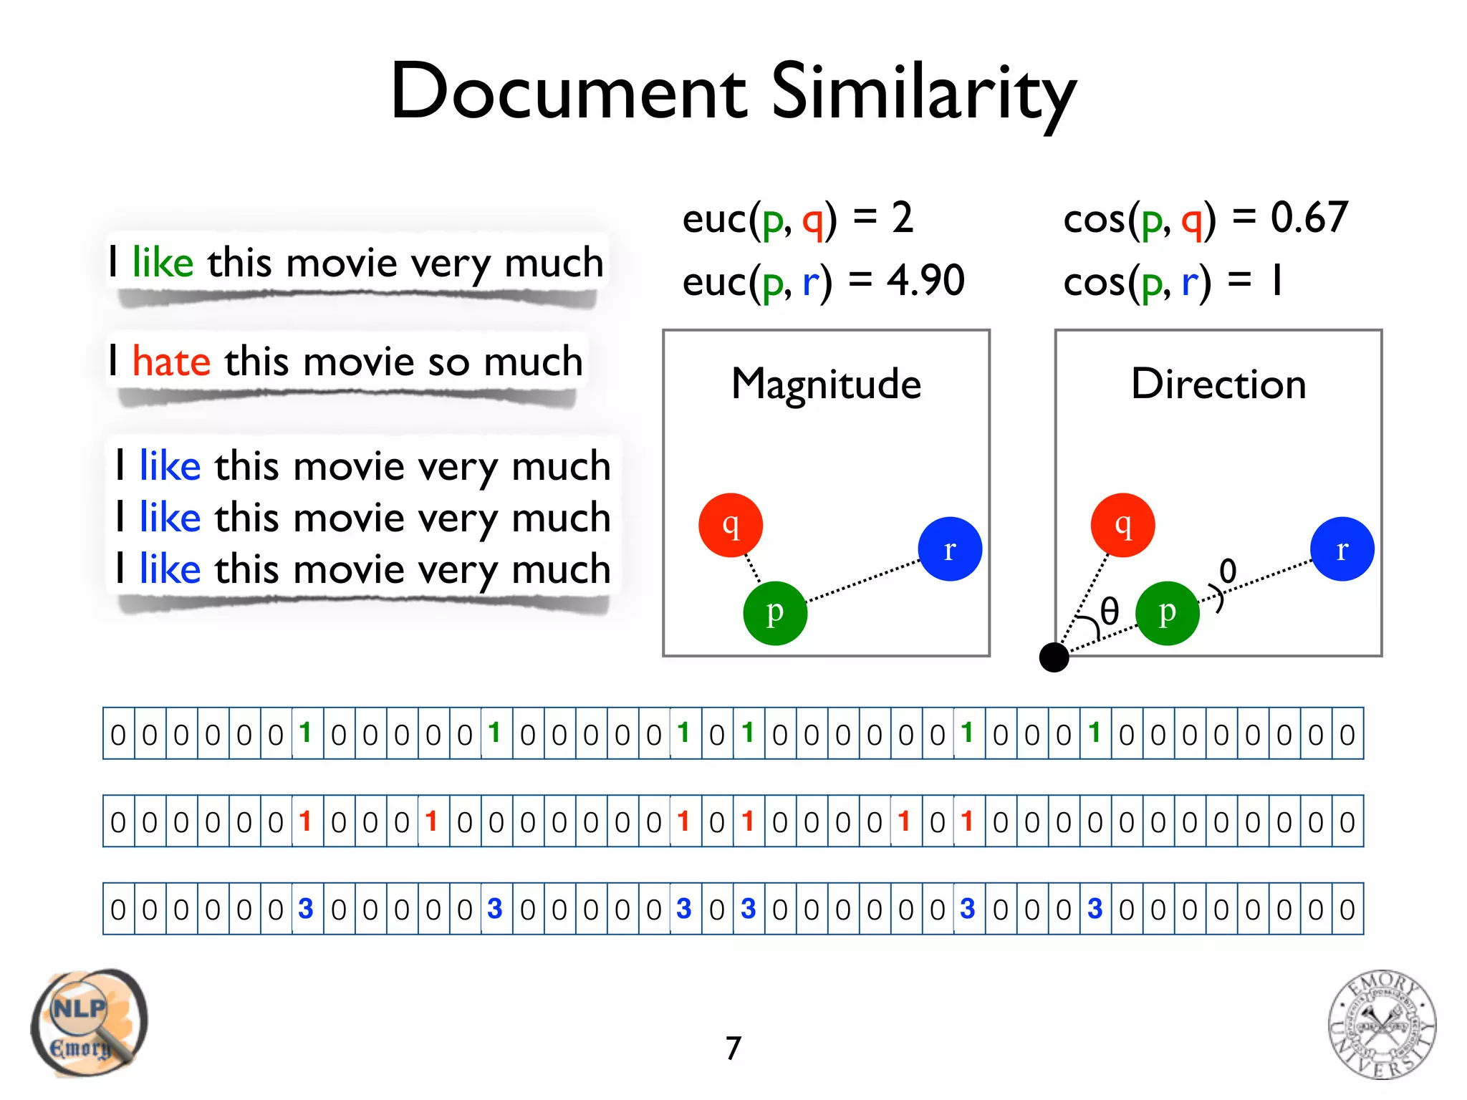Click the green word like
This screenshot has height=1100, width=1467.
pos(163,262)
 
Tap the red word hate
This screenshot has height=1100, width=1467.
pos(171,361)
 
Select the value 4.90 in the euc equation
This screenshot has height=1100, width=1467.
pos(925,280)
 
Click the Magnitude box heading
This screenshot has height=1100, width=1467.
pos(826,384)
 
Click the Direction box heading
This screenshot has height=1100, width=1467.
pos(1218,384)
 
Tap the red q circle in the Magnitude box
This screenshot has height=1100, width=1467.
pos(730,525)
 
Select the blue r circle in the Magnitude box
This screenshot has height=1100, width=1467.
pos(950,549)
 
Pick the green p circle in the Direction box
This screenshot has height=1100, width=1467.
pos(1167,613)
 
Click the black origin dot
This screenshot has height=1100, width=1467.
pos(1054,657)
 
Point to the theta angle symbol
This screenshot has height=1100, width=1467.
pos(1109,611)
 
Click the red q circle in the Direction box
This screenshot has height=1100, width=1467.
pos(1122,525)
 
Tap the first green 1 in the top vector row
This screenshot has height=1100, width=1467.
pos(306,733)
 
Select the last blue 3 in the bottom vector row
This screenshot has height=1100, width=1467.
pos(1095,909)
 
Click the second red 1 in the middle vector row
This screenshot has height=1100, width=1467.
pos(431,821)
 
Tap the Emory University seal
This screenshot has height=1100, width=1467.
pos(1382,1024)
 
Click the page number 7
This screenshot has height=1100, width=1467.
pos(733,1048)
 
